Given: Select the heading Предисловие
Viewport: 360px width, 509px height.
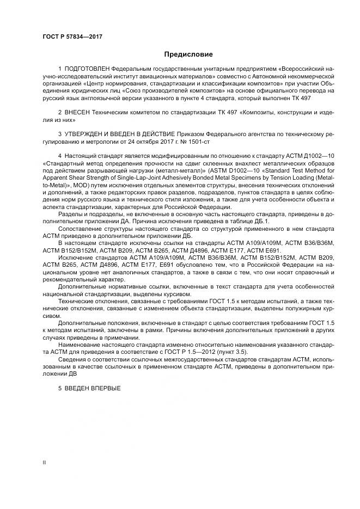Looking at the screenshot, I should pyautogui.click(x=188, y=54).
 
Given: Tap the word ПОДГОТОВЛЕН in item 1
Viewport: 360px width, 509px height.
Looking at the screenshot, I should pyautogui.click(x=87, y=70).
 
